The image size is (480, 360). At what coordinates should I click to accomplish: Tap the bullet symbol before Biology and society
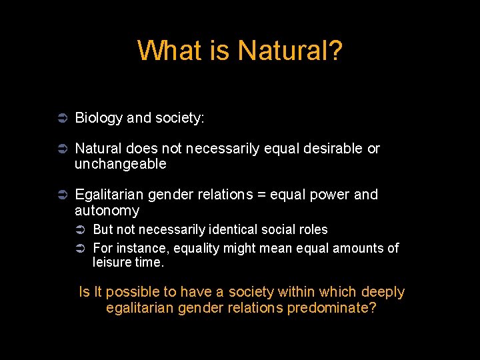point(60,118)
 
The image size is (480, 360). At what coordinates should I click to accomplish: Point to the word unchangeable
point(120,164)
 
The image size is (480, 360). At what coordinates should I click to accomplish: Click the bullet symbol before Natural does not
point(60,149)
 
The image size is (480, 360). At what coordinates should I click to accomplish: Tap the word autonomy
point(107,211)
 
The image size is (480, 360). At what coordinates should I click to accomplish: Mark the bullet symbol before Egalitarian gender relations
point(60,195)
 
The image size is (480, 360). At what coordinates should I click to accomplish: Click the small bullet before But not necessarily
point(79,230)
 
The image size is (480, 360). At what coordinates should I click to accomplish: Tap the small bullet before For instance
point(79,249)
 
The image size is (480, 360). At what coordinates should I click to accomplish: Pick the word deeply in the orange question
point(383,292)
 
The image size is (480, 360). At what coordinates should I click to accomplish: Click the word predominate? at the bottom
point(331,308)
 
